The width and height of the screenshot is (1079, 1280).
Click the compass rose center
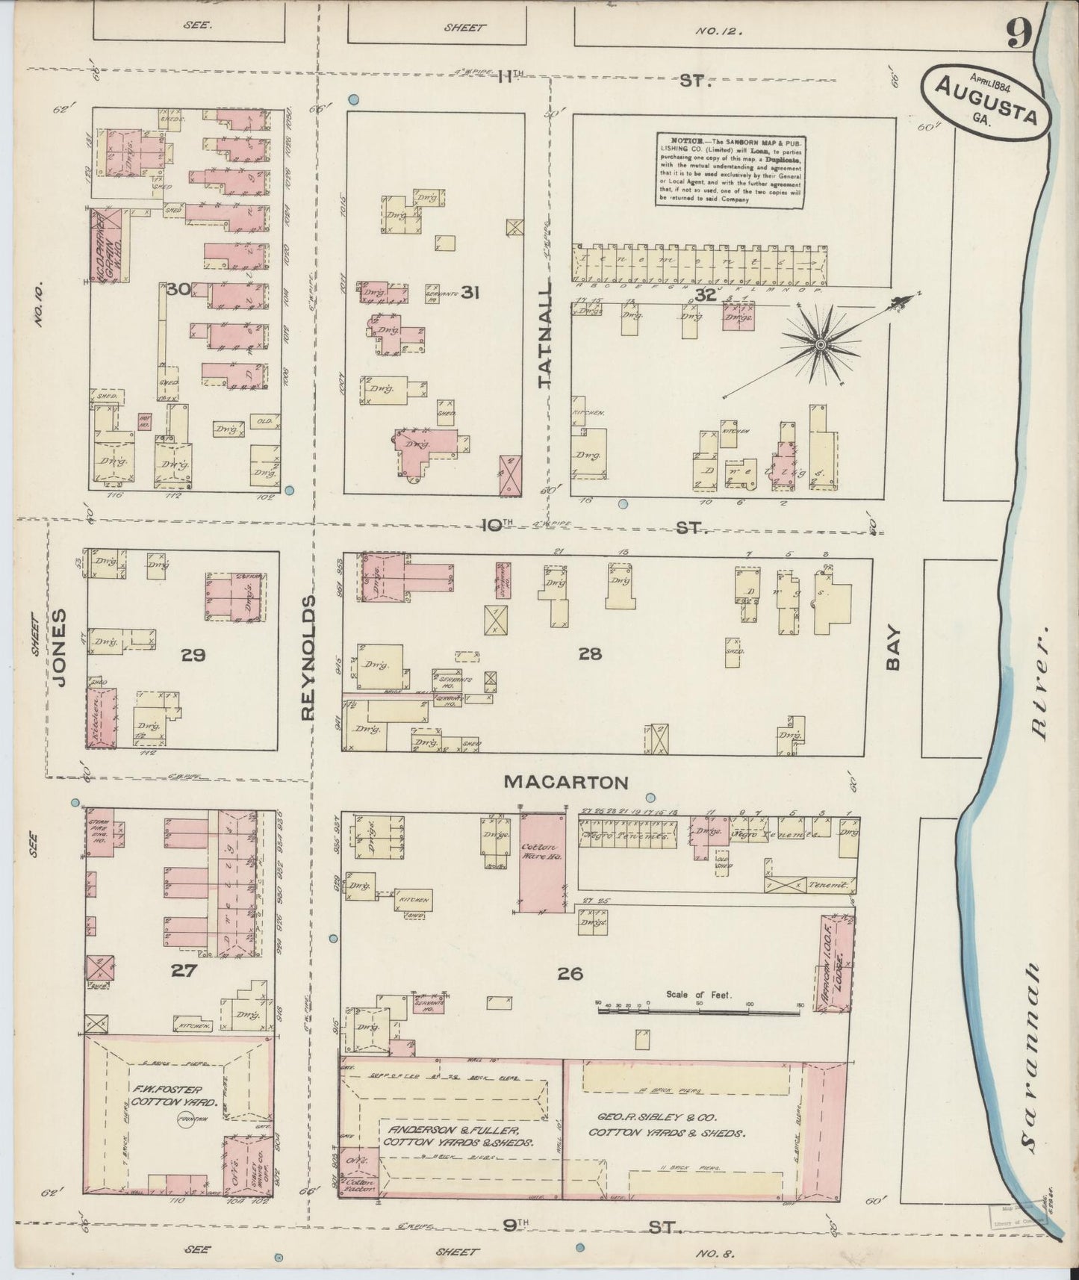[820, 344]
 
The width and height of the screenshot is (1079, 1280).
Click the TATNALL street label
[545, 334]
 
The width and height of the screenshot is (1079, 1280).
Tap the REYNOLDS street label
[308, 657]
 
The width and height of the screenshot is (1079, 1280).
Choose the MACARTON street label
[565, 783]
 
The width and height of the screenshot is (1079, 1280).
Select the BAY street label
[895, 650]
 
